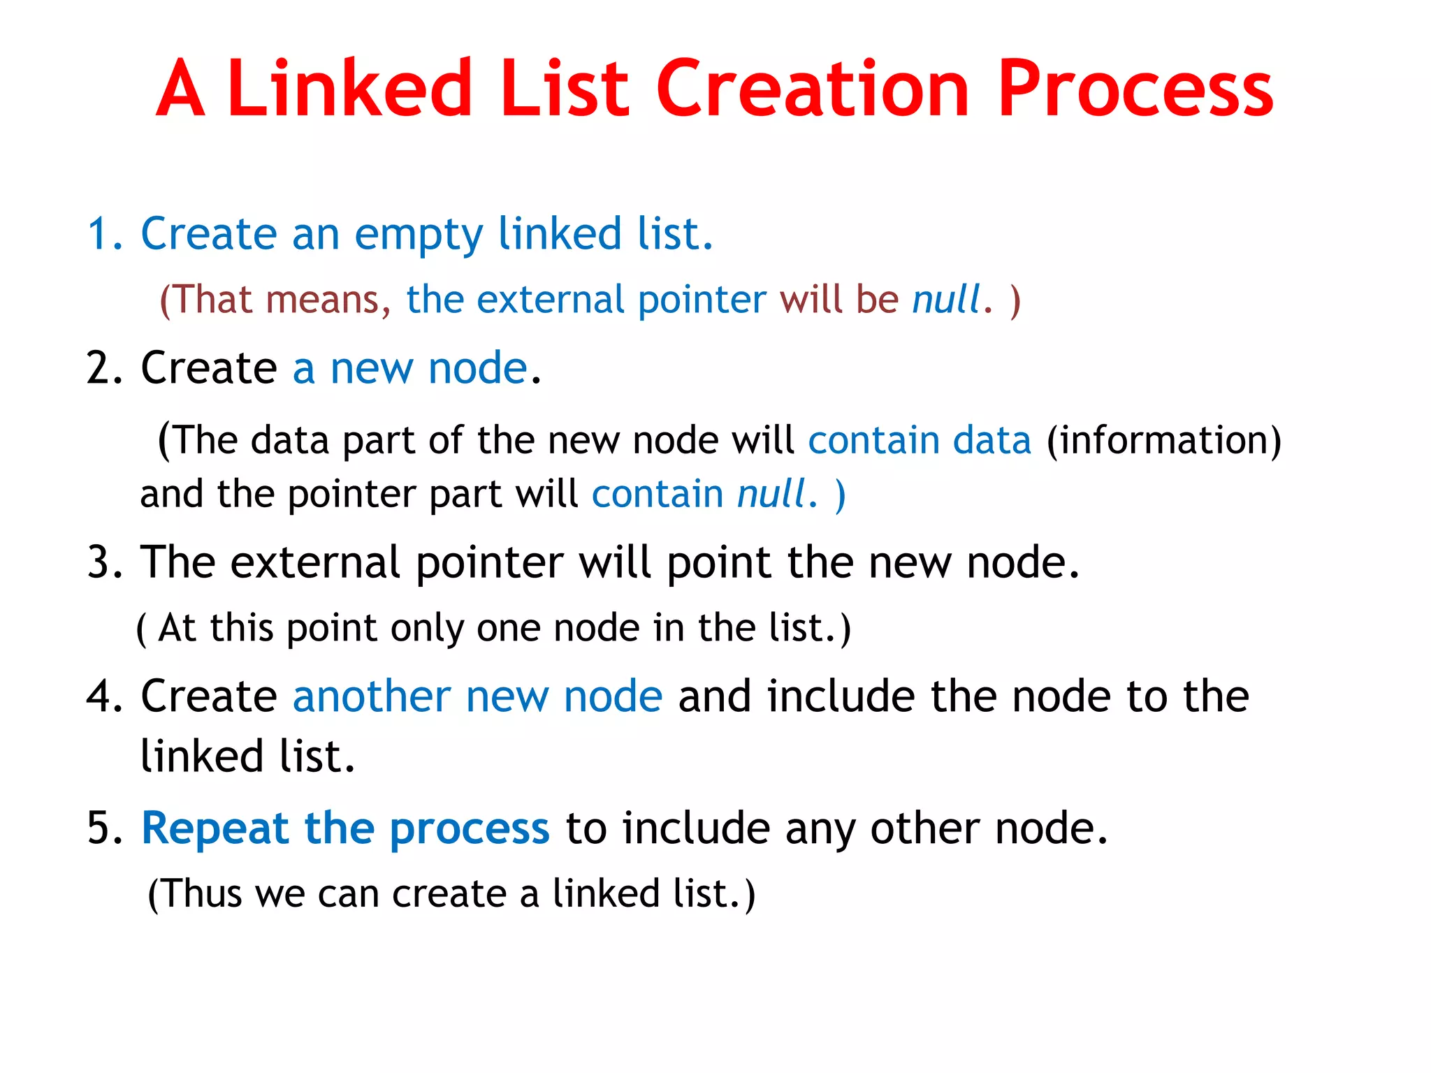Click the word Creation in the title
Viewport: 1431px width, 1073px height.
click(812, 89)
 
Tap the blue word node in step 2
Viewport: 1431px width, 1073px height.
click(477, 368)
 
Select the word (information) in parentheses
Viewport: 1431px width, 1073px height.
click(1163, 441)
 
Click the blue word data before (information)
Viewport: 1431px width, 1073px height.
click(992, 441)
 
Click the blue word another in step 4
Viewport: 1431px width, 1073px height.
click(371, 696)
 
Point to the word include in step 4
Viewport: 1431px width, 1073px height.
click(841, 696)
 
